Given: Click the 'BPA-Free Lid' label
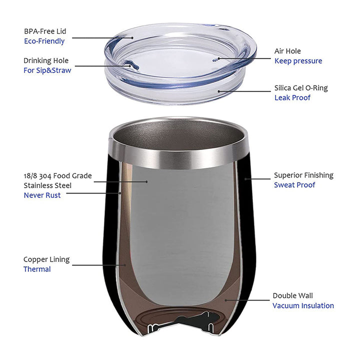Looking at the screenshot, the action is pos(45,31).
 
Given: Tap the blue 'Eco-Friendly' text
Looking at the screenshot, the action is pos(44,41).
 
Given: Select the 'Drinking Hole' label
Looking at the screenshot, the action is pos(46,60).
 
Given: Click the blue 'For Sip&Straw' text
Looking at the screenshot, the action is pos(47,70).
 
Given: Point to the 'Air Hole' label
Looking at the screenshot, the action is pos(287,51).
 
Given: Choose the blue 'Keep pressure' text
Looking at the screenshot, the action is pos(298,61).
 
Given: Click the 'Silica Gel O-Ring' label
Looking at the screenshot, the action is pos(301,88).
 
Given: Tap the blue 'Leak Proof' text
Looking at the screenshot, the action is pos(292,98).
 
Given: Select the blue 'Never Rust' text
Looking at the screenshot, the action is pos(42,195).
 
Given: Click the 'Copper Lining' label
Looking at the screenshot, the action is pos(46,259).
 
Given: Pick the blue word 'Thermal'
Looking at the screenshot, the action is pos(37,269).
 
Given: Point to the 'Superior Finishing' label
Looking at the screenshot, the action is pos(303,175).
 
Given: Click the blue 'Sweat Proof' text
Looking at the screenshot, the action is pos(294,185).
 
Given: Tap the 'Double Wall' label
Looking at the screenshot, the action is pos(292,295).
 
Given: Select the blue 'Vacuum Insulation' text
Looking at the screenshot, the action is pos(303,306).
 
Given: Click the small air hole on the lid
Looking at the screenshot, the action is pos(215,60).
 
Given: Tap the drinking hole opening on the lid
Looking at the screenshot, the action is pos(131,64).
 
